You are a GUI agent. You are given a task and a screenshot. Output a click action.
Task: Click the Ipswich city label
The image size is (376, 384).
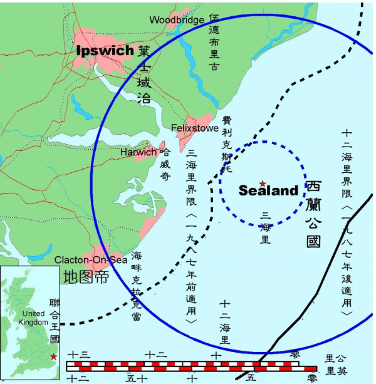(105, 51)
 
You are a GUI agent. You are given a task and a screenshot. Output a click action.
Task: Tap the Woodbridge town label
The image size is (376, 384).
(176, 20)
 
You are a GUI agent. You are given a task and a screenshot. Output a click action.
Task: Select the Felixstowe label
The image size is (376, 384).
(194, 128)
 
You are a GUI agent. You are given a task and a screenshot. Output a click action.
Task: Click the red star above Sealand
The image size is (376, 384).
(262, 183)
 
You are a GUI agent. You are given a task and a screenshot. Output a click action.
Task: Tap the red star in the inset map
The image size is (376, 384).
(53, 356)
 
